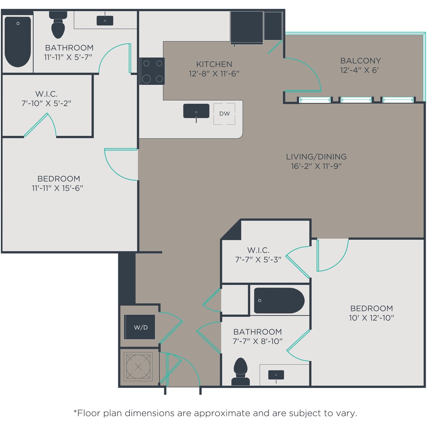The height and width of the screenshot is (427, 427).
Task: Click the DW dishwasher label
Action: pyautogui.click(x=224, y=113)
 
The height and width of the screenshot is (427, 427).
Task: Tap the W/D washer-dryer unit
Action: pyautogui.click(x=140, y=327)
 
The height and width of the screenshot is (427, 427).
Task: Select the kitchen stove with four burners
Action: pyautogui.click(x=152, y=71)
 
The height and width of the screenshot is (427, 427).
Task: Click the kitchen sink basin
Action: pyautogui.click(x=196, y=111)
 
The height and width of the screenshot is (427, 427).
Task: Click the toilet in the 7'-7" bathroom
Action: pyautogui.click(x=241, y=372)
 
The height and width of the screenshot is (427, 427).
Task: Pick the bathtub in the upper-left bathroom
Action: pyautogui.click(x=18, y=42)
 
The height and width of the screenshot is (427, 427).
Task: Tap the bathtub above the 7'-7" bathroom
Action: pyautogui.click(x=279, y=300)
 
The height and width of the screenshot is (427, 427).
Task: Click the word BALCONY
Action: pyautogui.click(x=361, y=60)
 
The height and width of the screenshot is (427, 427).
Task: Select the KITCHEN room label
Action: pyautogui.click(x=214, y=64)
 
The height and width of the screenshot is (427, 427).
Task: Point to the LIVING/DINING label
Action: pyautogui.click(x=316, y=157)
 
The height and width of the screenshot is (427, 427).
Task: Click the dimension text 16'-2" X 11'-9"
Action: pyautogui.click(x=316, y=166)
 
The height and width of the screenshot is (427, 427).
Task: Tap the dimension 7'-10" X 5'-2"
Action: pyautogui.click(x=46, y=103)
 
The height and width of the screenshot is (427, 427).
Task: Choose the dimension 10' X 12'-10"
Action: pyautogui.click(x=372, y=317)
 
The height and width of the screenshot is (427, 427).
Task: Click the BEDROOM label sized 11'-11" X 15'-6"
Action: pyautogui.click(x=59, y=178)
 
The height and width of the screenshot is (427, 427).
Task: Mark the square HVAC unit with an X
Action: pyautogui.click(x=138, y=367)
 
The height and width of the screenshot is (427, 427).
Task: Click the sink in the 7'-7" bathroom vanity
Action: pyautogui.click(x=276, y=375)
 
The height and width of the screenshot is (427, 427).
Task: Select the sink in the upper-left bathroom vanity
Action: pyautogui.click(x=105, y=21)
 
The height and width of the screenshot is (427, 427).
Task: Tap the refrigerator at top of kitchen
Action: pyautogui.click(x=247, y=27)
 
